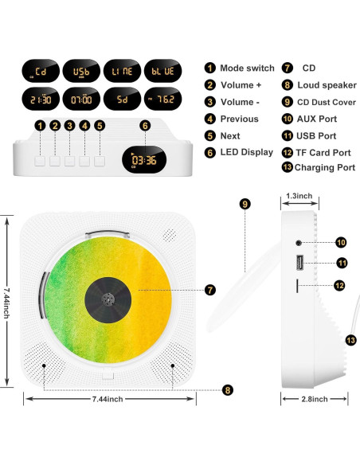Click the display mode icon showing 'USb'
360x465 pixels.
pyautogui.click(x=81, y=72)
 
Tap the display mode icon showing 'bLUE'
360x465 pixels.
pyautogui.click(x=160, y=72)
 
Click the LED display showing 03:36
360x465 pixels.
pyautogui.click(x=143, y=159)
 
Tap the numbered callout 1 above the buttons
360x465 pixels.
pyautogui.click(x=40, y=125)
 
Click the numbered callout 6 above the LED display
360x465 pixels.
pyautogui.click(x=144, y=125)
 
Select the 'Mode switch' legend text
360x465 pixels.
pyautogui.click(x=247, y=68)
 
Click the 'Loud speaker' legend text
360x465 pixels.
pyautogui.click(x=327, y=85)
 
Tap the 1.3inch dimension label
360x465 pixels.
pyautogui.click(x=299, y=195)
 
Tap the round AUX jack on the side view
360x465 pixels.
pyautogui.click(x=299, y=240)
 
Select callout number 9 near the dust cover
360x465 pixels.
pyautogui.click(x=245, y=204)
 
